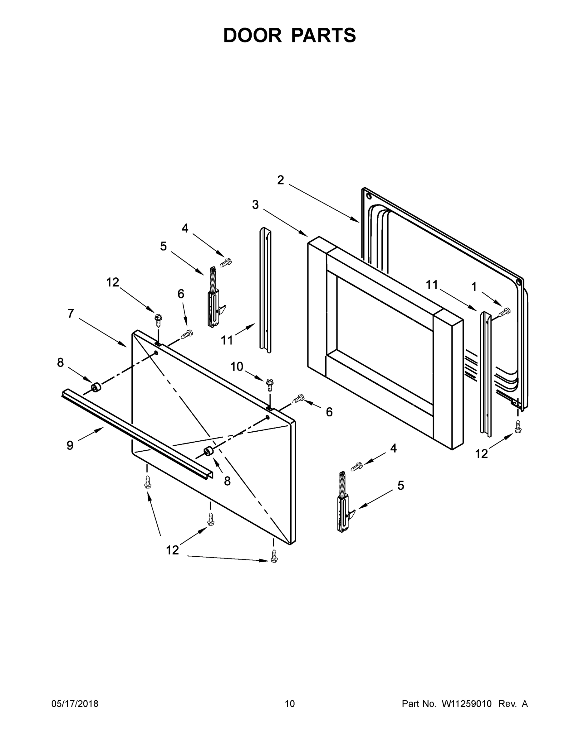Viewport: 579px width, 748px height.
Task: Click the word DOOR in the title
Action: (x=252, y=35)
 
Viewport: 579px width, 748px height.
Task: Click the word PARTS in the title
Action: (x=323, y=35)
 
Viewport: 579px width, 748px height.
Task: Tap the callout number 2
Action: (x=281, y=180)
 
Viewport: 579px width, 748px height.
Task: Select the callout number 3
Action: (x=255, y=205)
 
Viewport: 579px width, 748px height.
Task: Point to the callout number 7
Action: (x=71, y=313)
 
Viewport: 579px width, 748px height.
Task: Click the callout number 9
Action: (x=70, y=445)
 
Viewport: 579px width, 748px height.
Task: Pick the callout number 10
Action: (x=237, y=367)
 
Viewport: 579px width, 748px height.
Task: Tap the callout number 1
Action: (x=474, y=287)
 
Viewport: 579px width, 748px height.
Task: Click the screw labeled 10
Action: (x=270, y=385)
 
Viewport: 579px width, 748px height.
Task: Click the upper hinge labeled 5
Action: (x=214, y=297)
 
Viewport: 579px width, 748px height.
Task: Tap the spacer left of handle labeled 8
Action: (x=96, y=388)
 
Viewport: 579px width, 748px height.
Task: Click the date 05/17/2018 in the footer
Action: (x=75, y=703)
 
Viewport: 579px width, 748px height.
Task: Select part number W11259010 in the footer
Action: (x=467, y=703)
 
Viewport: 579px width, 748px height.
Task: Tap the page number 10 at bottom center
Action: (x=290, y=703)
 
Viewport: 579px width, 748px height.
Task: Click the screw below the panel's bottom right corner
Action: (x=274, y=555)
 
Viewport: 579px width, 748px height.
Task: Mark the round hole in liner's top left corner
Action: (x=369, y=197)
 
